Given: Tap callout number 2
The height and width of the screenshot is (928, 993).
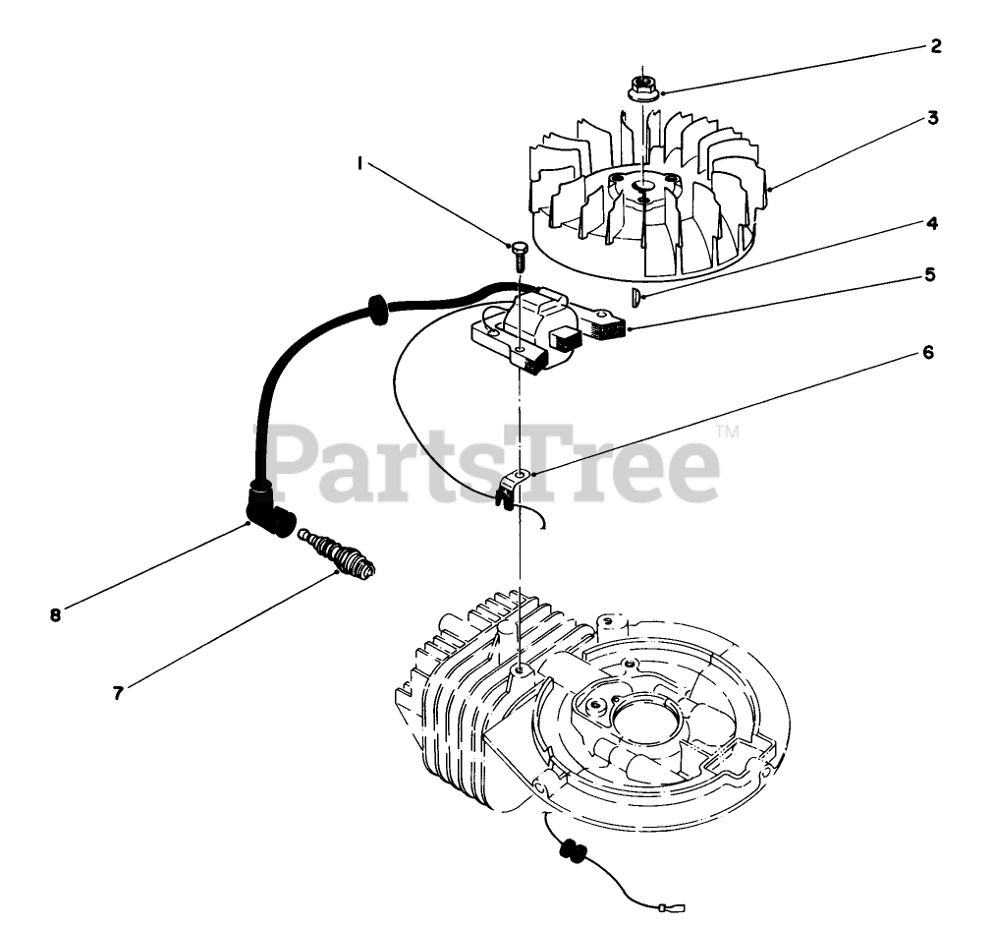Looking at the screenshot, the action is [934, 45].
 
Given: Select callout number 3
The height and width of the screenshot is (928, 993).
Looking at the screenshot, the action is [932, 118].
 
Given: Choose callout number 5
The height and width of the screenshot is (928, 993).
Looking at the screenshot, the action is [929, 276].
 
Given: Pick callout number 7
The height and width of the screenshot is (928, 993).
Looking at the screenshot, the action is [118, 693].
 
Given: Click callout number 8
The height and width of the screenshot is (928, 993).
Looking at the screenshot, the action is [55, 615].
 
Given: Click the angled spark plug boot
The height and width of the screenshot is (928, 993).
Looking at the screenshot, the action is [269, 511].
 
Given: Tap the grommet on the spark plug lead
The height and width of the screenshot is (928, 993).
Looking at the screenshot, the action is [376, 307].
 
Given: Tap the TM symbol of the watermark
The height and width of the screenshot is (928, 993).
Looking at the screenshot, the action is [727, 432].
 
